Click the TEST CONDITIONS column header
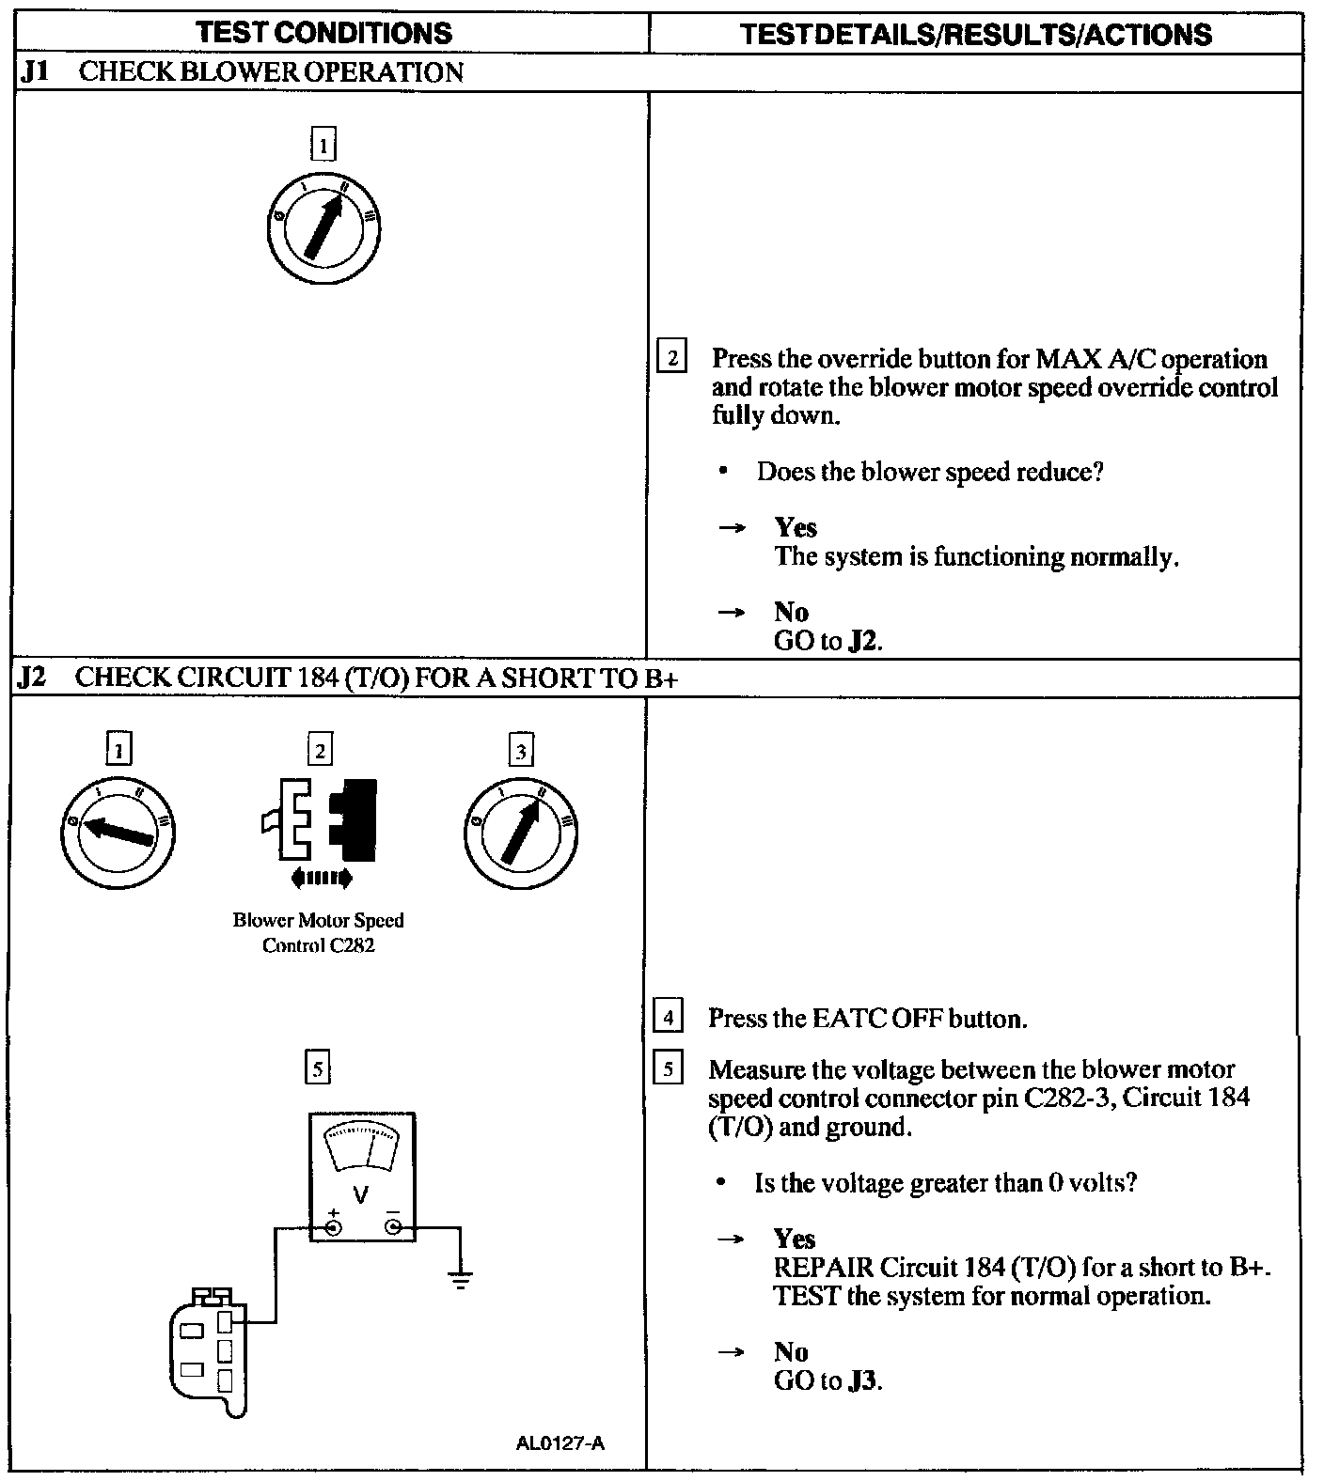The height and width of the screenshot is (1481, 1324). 324,33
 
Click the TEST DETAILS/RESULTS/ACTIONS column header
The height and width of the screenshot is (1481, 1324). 975,35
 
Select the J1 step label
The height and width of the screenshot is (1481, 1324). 35,72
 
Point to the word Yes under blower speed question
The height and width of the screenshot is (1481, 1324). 796,527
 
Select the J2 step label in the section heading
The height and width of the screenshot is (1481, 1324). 33,678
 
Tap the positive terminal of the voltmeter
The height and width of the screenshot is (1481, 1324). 333,1226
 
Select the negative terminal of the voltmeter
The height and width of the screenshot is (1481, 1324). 393,1226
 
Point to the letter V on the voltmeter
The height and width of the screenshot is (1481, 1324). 360,1194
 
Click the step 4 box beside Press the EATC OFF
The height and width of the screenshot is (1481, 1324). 667,1018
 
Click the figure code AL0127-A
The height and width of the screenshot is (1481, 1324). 560,1442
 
